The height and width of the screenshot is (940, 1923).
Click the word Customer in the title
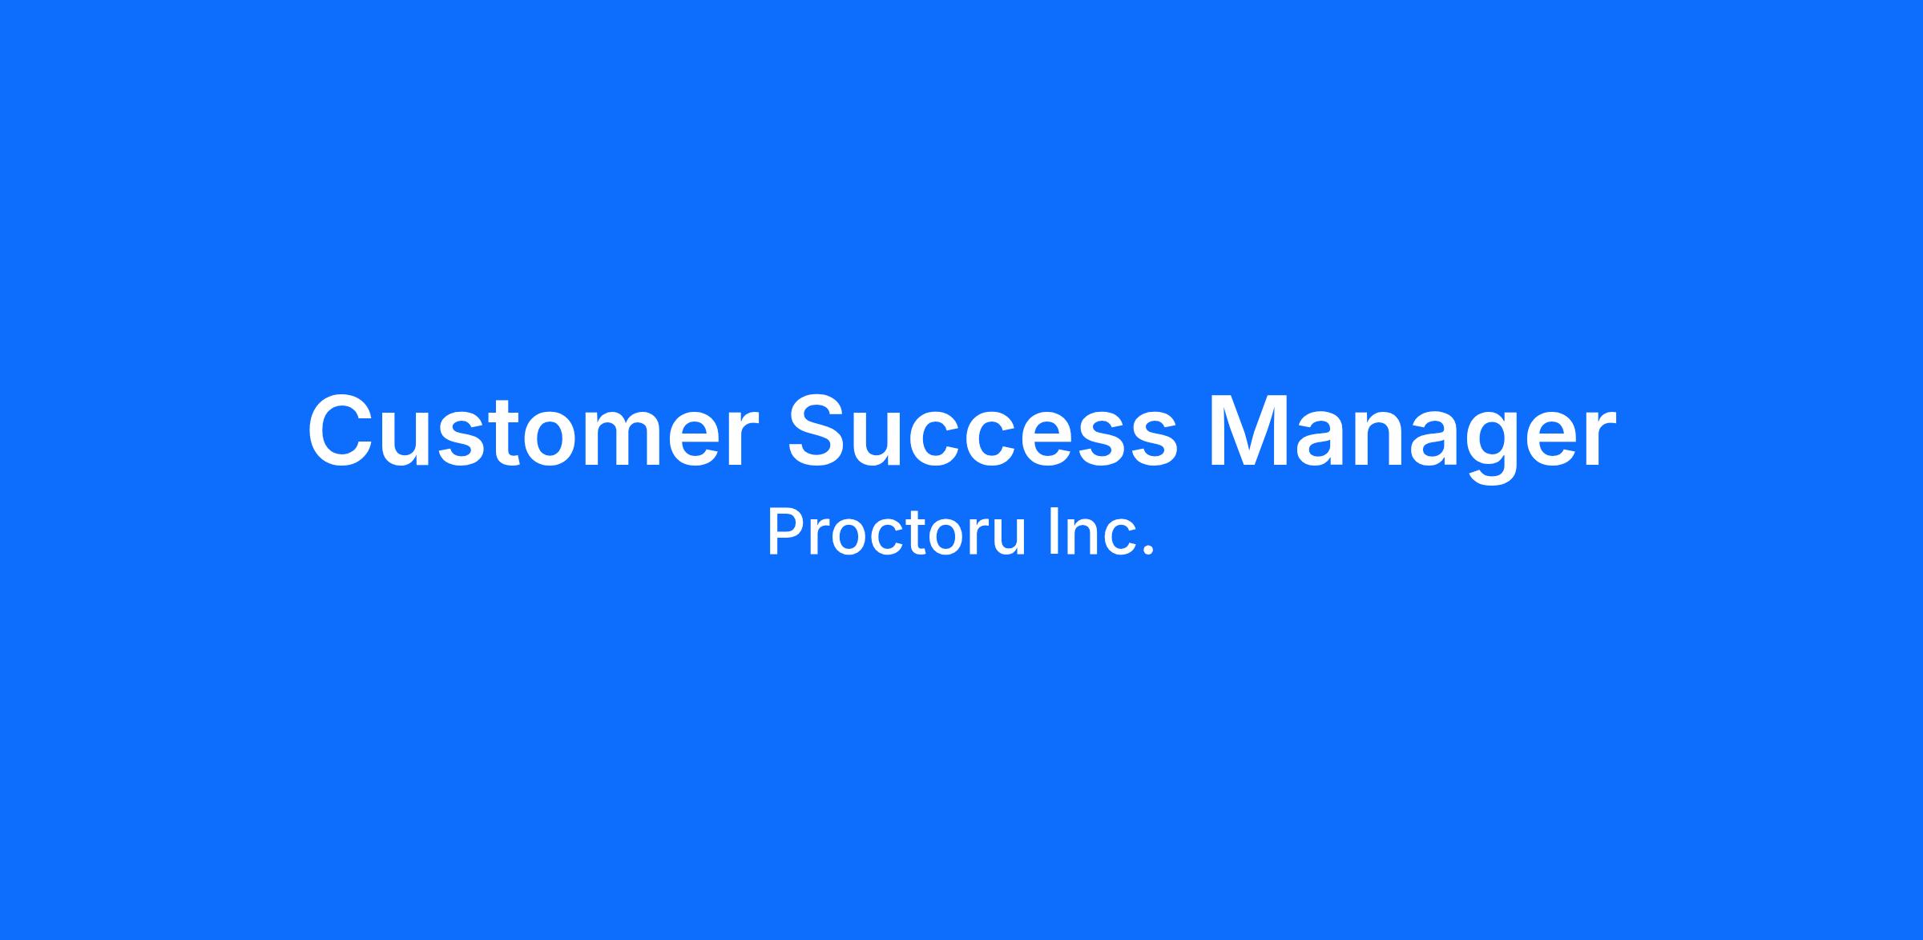tap(532, 430)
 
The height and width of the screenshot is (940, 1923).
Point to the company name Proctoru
tap(897, 532)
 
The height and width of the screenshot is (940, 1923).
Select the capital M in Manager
tap(1248, 430)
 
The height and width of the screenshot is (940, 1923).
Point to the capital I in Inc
tap(1054, 532)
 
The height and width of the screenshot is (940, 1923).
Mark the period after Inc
tap(1149, 551)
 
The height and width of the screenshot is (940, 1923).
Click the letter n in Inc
tap(1085, 537)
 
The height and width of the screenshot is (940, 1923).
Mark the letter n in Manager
tap(1381, 439)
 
